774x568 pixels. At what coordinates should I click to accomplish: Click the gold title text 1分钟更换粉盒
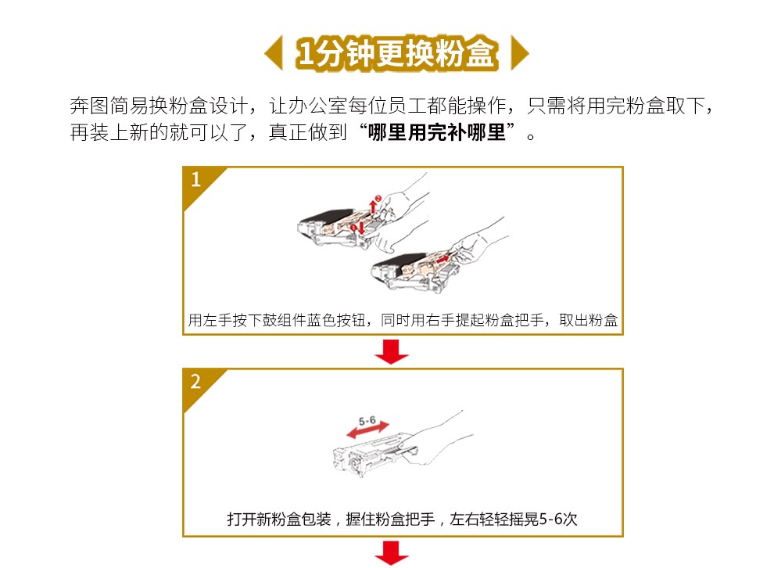click(x=397, y=52)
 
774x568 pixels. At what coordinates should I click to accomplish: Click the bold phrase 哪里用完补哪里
click(x=437, y=132)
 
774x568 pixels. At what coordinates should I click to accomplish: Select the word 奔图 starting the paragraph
click(x=89, y=106)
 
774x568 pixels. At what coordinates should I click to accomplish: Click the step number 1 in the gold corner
click(x=196, y=179)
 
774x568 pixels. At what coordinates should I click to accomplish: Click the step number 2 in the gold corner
click(x=196, y=381)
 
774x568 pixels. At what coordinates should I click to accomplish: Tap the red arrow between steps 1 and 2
click(x=392, y=351)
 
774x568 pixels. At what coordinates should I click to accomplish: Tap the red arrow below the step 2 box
click(x=392, y=553)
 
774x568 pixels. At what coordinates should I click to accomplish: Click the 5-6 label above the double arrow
click(x=367, y=422)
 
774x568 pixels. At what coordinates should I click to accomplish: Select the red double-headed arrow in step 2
click(x=367, y=430)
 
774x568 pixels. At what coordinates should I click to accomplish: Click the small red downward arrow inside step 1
click(x=361, y=227)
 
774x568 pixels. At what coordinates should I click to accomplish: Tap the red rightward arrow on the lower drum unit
click(x=443, y=258)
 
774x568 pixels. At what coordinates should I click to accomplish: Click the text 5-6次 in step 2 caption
click(x=558, y=519)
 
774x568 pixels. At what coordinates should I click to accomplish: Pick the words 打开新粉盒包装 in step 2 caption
click(x=279, y=519)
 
